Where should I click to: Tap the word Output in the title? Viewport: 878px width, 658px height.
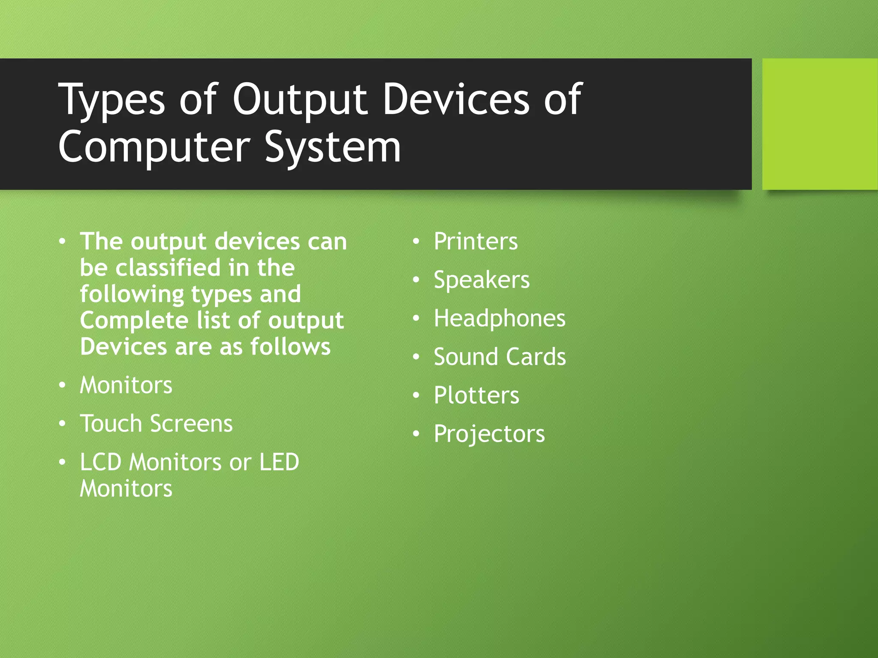[x=300, y=101]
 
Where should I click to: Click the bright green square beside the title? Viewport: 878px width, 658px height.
[x=820, y=124]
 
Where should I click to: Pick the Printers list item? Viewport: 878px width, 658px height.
[x=475, y=241]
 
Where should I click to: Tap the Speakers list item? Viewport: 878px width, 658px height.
[x=481, y=280]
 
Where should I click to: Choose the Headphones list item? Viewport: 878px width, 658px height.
[x=499, y=319]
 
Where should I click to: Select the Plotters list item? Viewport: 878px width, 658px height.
[x=476, y=395]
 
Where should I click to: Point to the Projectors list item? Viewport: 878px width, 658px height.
[x=489, y=434]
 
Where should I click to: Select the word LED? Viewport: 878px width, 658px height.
[x=279, y=462]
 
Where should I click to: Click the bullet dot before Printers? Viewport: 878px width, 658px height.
[x=416, y=242]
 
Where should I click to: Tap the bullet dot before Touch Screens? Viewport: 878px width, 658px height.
[x=63, y=424]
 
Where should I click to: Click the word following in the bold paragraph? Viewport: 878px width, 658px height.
[x=132, y=295]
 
